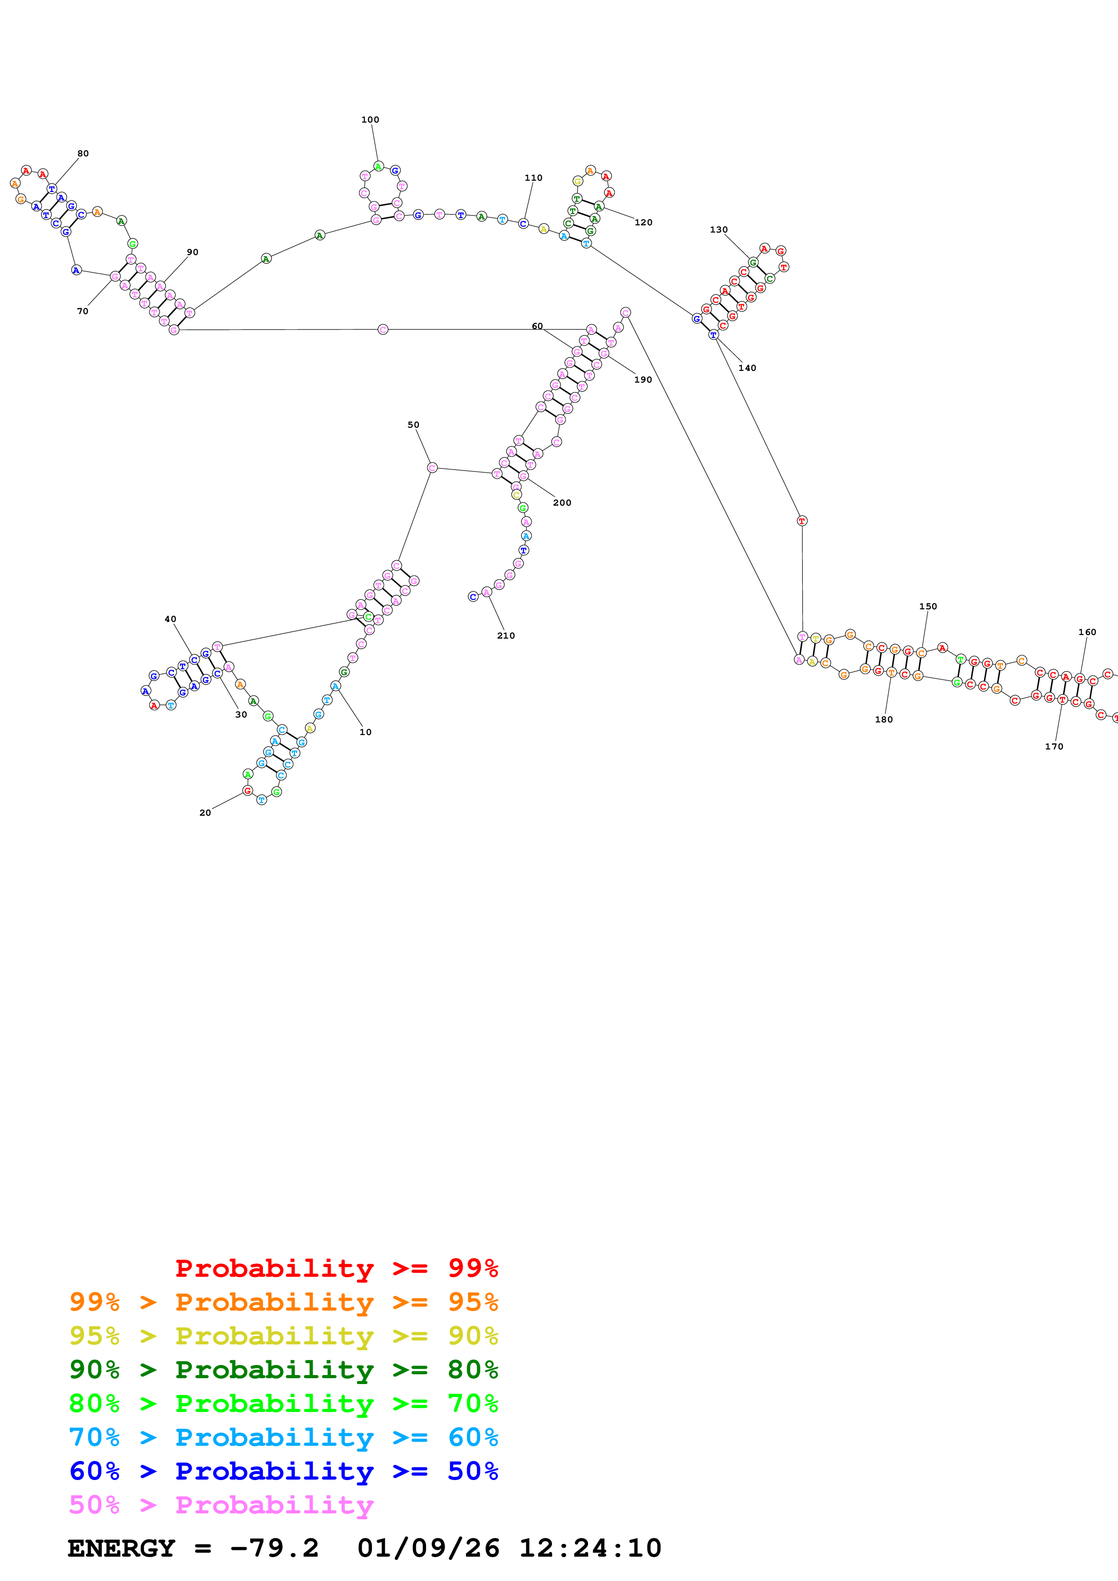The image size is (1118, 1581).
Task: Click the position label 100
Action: (x=370, y=120)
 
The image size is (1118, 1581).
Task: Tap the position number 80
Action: (x=83, y=154)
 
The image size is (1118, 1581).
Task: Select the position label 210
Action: (x=506, y=635)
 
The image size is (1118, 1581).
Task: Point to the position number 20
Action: (x=205, y=813)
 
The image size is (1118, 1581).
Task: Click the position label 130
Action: (x=718, y=230)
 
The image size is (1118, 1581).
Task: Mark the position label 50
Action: (x=413, y=425)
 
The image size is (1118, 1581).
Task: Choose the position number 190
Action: (x=643, y=379)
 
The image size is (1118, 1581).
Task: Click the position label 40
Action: (x=170, y=619)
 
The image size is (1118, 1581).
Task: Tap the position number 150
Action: (x=928, y=607)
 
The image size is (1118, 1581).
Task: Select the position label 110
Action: (x=533, y=178)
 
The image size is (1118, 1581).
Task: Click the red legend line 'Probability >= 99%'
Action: (x=336, y=1268)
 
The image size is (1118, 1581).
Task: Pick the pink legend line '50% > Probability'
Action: (x=221, y=1504)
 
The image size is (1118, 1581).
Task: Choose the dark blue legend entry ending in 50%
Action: (x=283, y=1471)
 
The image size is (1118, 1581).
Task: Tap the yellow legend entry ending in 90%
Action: (x=283, y=1336)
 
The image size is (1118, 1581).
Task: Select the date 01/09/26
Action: (x=428, y=1548)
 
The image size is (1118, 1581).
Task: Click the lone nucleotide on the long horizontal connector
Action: (x=383, y=330)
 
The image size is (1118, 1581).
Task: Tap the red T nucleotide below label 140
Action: (x=802, y=521)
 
